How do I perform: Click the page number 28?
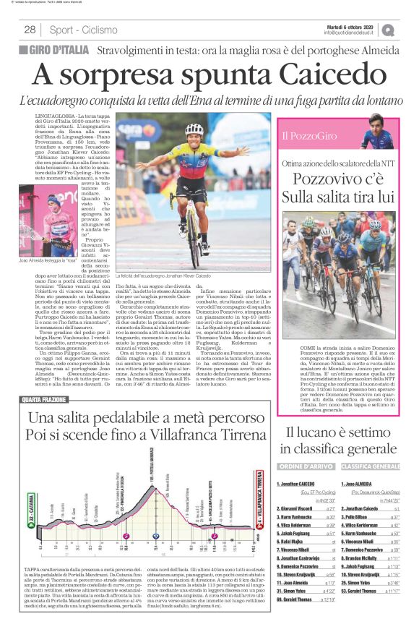tap(30, 30)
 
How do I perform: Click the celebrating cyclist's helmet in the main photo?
tap(194, 129)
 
